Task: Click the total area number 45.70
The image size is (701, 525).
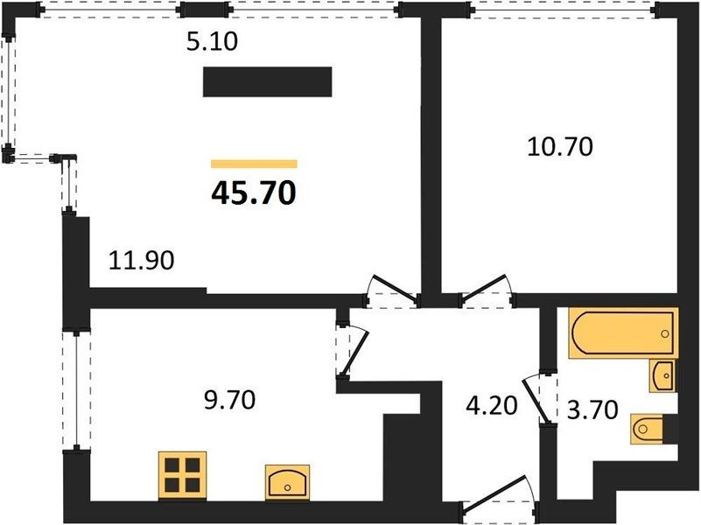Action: pyautogui.click(x=254, y=193)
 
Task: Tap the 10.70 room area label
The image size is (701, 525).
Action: pyautogui.click(x=560, y=146)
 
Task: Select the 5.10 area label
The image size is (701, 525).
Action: pyautogui.click(x=212, y=42)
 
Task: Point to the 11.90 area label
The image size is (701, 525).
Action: pyautogui.click(x=141, y=260)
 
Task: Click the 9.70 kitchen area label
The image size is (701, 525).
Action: pyautogui.click(x=229, y=400)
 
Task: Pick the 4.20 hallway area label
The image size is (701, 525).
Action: pyautogui.click(x=491, y=406)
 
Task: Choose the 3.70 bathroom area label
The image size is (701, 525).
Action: pyautogui.click(x=592, y=409)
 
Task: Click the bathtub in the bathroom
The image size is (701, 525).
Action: pyautogui.click(x=624, y=332)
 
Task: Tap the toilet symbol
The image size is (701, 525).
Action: pyautogui.click(x=647, y=429)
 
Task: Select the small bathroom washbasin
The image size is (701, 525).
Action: pyautogui.click(x=663, y=375)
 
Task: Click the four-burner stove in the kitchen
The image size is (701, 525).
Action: pyautogui.click(x=182, y=475)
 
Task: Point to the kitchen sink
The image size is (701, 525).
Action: pyautogui.click(x=287, y=482)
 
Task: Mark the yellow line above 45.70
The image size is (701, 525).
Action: pyautogui.click(x=254, y=164)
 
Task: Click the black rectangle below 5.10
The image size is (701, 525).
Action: pyautogui.click(x=267, y=81)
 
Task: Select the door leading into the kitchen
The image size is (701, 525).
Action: pyautogui.click(x=352, y=351)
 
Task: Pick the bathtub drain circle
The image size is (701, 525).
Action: pyautogui.click(x=665, y=333)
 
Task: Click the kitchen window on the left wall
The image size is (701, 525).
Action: pyautogui.click(x=76, y=389)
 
